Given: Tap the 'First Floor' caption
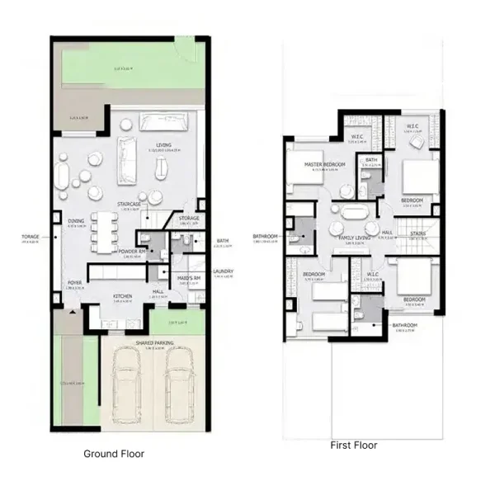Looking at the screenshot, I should pyautogui.click(x=353, y=445).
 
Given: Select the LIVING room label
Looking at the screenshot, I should pyautogui.click(x=164, y=145).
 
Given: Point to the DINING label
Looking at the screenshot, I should pyautogui.click(x=76, y=221).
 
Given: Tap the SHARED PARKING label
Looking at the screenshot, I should pyautogui.click(x=154, y=342).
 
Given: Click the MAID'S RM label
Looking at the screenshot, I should pyautogui.click(x=191, y=278).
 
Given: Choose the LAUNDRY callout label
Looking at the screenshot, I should pyautogui.click(x=223, y=271).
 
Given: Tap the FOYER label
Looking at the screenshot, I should pyautogui.click(x=74, y=282).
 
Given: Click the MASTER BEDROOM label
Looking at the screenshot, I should pyautogui.click(x=324, y=164).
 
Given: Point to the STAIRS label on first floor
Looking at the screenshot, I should pyautogui.click(x=418, y=233).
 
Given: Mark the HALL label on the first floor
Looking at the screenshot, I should pyautogui.click(x=387, y=233).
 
